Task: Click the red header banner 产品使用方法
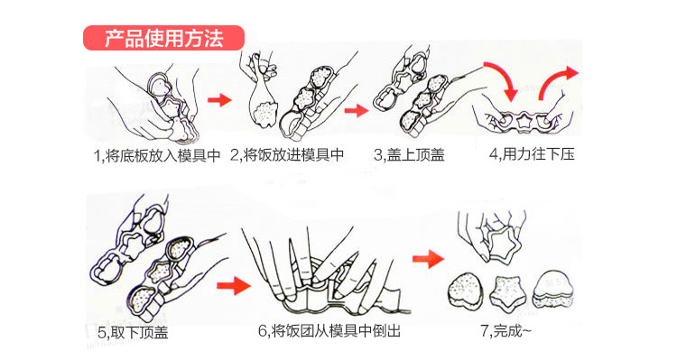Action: click(x=163, y=38)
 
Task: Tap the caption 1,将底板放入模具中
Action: click(x=157, y=155)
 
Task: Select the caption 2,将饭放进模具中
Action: click(x=287, y=154)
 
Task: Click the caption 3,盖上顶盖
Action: click(x=409, y=154)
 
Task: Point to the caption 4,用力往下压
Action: click(x=532, y=154)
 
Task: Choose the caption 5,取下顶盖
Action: click(x=133, y=332)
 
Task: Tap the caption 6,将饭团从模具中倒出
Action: click(x=329, y=331)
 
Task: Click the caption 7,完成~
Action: click(x=506, y=331)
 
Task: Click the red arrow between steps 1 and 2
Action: click(x=219, y=100)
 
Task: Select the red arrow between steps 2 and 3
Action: click(x=357, y=110)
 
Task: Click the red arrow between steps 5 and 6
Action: click(x=234, y=286)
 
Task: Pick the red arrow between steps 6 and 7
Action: click(x=428, y=259)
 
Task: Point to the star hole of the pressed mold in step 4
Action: click(x=524, y=121)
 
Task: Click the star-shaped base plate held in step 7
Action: click(x=501, y=246)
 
